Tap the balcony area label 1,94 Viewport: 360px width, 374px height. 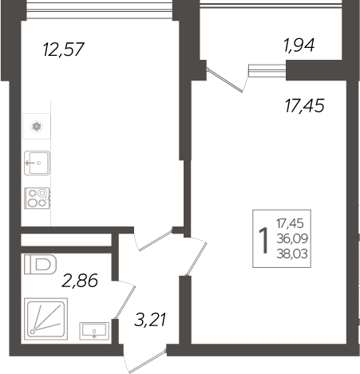click(299, 45)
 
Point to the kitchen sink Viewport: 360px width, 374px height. click(37, 163)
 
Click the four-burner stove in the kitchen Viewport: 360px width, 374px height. click(37, 198)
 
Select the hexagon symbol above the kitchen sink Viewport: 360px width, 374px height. click(36, 125)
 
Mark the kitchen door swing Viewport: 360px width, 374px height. click(154, 238)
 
